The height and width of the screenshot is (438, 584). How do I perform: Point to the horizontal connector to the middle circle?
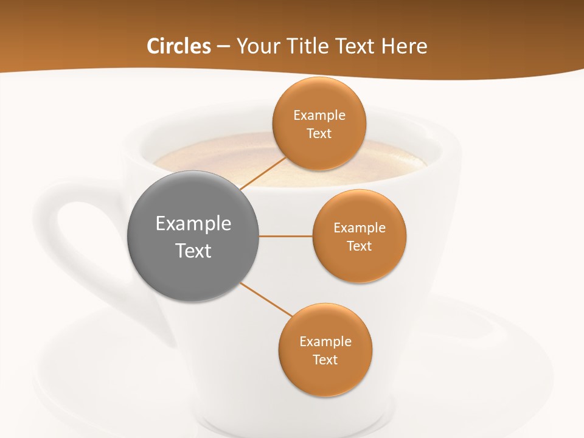pos(285,236)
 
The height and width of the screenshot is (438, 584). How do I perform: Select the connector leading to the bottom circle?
pos(266,299)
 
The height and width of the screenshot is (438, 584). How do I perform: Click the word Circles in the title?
pos(179,46)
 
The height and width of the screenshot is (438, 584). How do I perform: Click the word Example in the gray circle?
pos(193,224)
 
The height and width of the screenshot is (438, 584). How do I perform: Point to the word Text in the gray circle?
pos(193,251)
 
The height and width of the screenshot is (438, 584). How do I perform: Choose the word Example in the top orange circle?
pos(319,116)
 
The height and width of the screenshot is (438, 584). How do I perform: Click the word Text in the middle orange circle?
pos(359,246)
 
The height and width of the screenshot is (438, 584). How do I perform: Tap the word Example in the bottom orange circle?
pos(325,341)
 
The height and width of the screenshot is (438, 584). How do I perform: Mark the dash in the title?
pos(223,47)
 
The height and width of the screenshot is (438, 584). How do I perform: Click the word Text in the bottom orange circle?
pos(325,360)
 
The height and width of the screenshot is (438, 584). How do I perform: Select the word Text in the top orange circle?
pos(319,134)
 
